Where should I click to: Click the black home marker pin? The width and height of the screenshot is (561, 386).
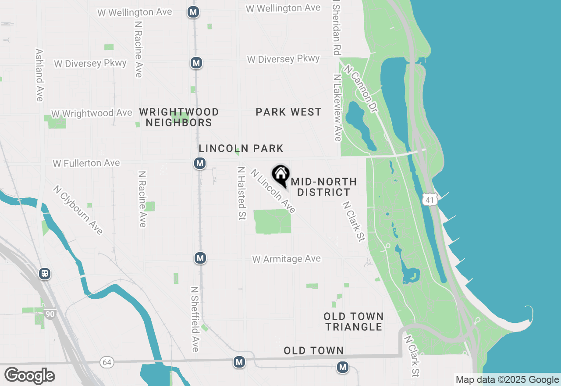[x=280, y=175]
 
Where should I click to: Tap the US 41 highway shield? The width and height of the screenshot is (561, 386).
[x=430, y=200]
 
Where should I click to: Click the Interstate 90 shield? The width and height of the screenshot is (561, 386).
[x=50, y=314]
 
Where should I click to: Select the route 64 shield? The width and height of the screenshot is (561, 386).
[x=106, y=362]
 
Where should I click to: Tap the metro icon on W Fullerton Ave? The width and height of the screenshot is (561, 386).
[x=200, y=164]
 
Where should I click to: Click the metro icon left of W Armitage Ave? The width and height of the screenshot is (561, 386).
[x=200, y=258]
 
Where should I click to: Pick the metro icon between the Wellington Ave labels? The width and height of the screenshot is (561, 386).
[x=193, y=12]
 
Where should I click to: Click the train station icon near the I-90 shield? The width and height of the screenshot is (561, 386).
[x=44, y=274]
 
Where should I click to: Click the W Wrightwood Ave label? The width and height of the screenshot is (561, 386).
[x=92, y=113]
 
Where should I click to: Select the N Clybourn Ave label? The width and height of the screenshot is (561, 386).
[x=78, y=210]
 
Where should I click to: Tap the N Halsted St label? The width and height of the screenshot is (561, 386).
[x=241, y=193]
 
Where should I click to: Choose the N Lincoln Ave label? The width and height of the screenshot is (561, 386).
[x=273, y=191]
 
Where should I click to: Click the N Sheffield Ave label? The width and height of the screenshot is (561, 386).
[x=195, y=319]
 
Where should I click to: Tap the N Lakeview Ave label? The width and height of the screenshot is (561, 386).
[x=337, y=107]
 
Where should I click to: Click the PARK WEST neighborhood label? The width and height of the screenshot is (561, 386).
[x=289, y=112]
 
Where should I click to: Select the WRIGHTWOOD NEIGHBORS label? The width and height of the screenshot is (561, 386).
[x=179, y=118]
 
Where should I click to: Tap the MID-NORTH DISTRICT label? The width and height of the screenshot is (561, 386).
[x=324, y=187]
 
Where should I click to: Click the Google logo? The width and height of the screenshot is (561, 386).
[x=30, y=376]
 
